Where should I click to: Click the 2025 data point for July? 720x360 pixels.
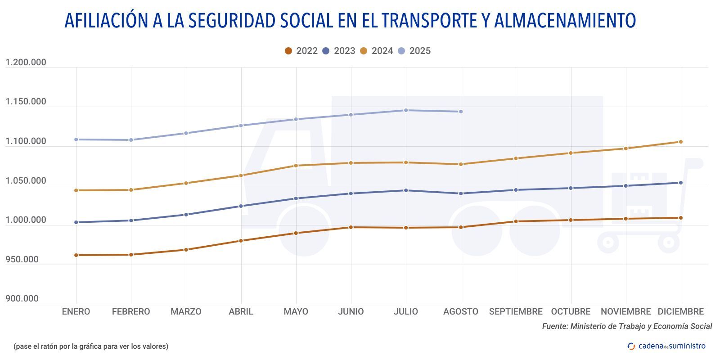pos(406,110)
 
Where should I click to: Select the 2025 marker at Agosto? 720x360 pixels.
pos(461,112)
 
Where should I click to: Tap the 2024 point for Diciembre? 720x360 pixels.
pos(680,142)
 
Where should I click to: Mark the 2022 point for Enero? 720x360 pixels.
pos(76,255)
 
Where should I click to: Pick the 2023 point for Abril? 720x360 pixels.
pos(241,206)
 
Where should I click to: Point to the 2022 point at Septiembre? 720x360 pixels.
pos(516,221)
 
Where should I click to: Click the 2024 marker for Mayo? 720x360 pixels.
pos(296,166)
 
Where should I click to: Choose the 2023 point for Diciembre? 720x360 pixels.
pos(680,183)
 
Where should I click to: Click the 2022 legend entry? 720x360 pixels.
pos(301,51)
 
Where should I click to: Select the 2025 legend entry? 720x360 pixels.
pos(414,51)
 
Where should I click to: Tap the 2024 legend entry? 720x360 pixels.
pos(377,51)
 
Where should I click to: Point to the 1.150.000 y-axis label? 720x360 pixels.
pos(26,102)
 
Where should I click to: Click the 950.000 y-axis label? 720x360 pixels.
pos(22,259)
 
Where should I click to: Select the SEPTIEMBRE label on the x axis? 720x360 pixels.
pos(516,311)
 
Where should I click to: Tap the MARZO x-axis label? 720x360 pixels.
pos(186,311)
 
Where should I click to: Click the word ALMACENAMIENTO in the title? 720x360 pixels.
pos(565,21)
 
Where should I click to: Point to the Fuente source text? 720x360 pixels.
pos(627,326)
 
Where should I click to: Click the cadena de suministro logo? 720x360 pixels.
pos(666,346)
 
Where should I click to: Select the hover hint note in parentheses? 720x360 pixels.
pos(91,346)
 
